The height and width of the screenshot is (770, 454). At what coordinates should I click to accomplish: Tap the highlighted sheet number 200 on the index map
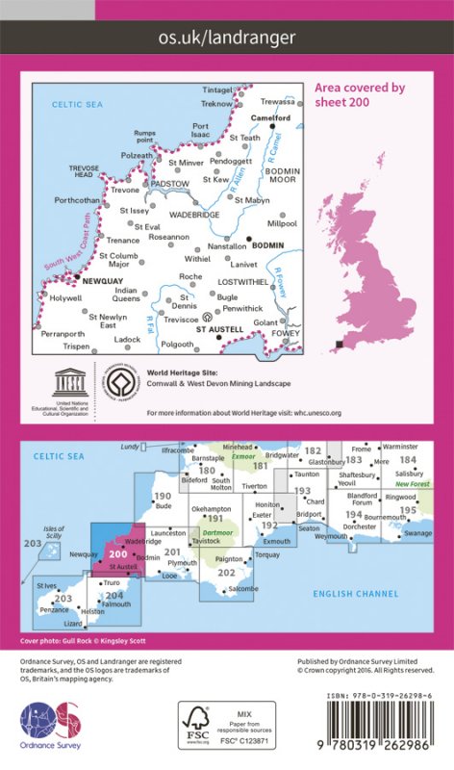tap(118, 553)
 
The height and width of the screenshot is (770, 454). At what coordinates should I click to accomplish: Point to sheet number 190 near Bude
tap(163, 497)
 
